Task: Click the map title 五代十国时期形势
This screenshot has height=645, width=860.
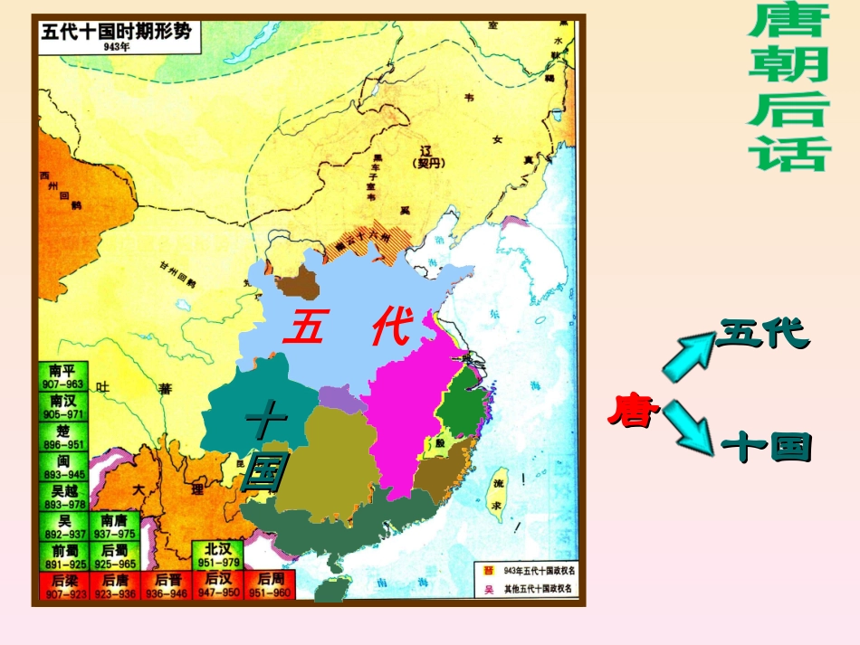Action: click(x=116, y=30)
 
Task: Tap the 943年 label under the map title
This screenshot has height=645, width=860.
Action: click(x=116, y=46)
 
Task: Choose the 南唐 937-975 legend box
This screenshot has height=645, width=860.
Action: click(x=114, y=526)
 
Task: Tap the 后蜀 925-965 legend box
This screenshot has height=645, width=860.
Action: click(x=114, y=556)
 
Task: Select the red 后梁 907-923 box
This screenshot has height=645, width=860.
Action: click(x=63, y=586)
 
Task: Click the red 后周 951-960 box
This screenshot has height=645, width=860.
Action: click(x=270, y=586)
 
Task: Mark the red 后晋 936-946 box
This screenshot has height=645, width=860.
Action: click(x=167, y=586)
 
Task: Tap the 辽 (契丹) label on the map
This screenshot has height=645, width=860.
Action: click(x=422, y=156)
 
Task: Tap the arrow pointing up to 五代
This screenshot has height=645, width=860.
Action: click(x=689, y=354)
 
